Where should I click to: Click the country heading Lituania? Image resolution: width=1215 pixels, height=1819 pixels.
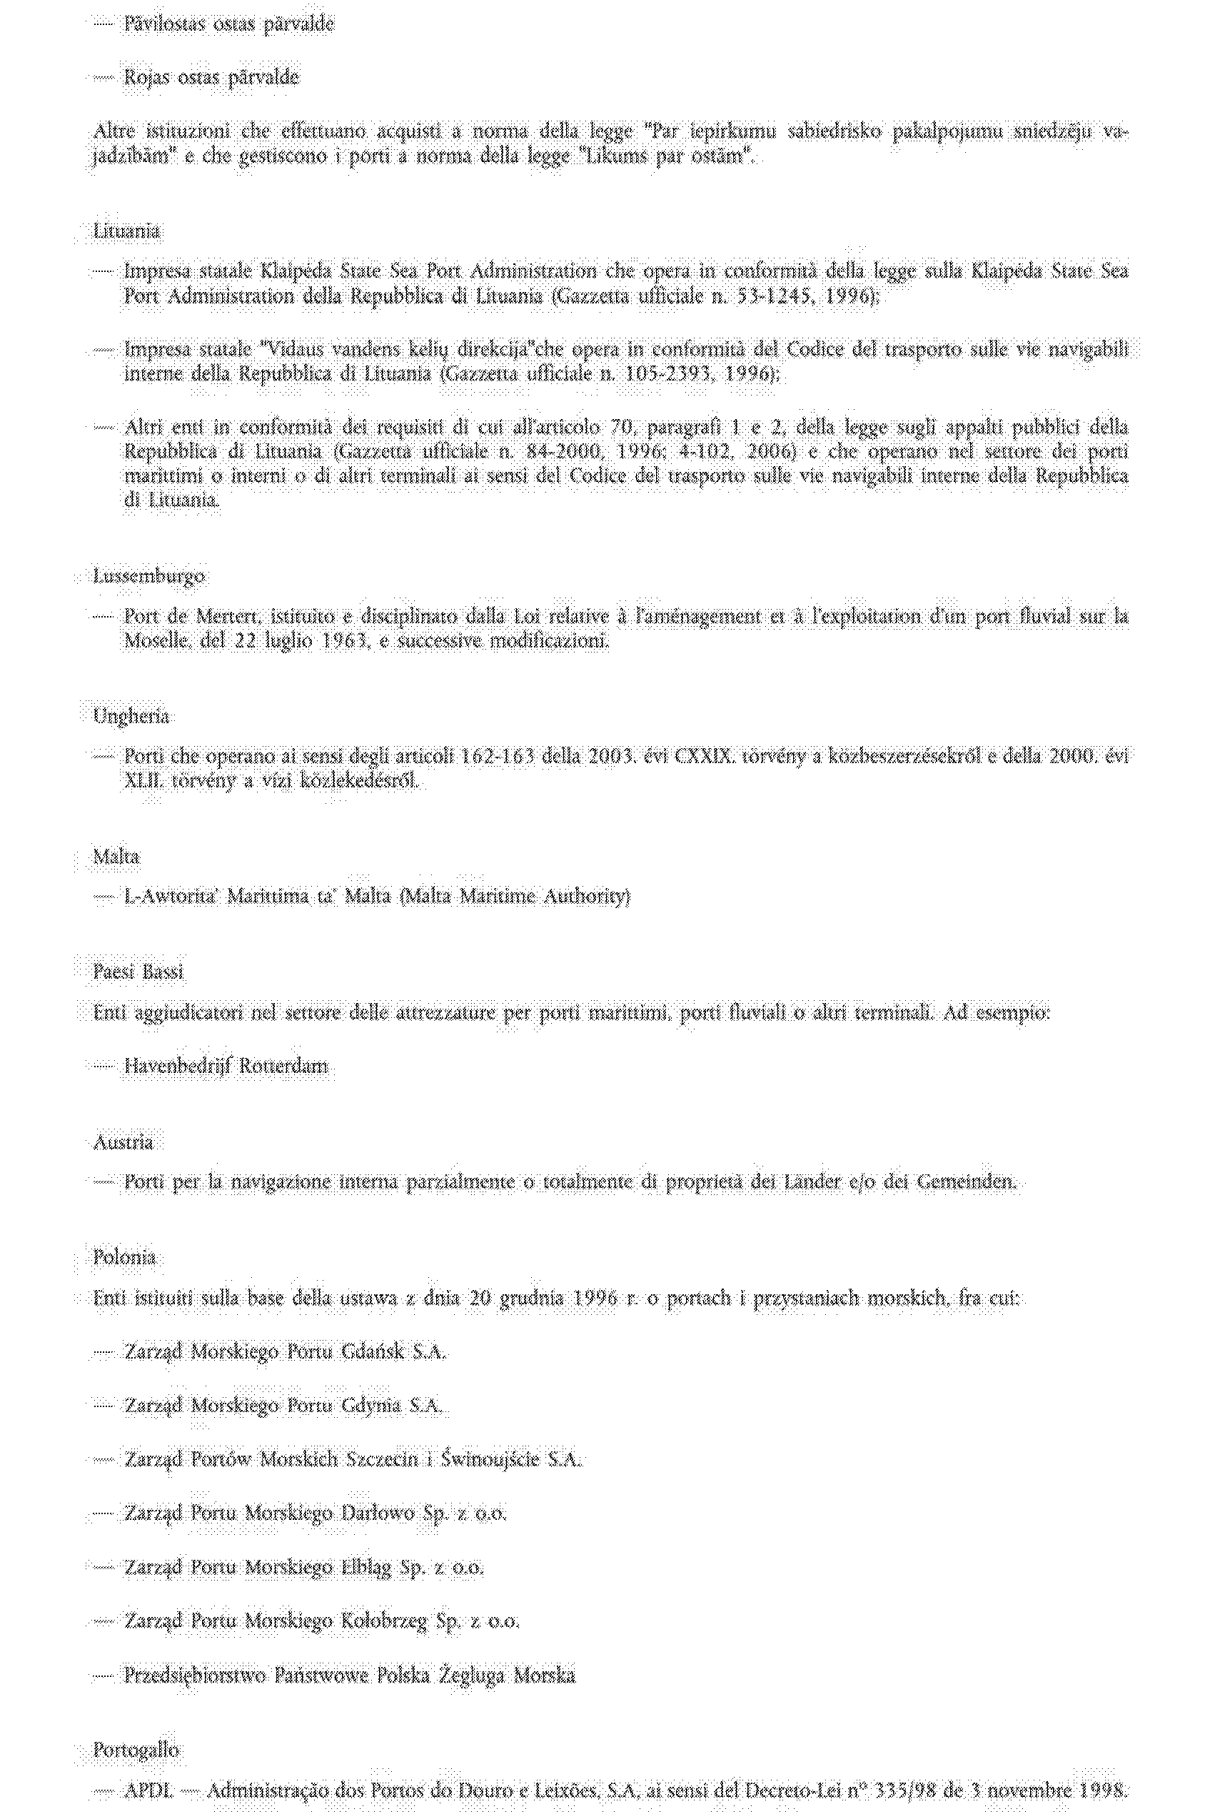click(127, 231)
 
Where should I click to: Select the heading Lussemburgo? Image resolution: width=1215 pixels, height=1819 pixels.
click(148, 576)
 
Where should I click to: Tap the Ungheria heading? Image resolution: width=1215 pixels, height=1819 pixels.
click(131, 716)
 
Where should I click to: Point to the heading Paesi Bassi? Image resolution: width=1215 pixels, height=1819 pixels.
click(138, 972)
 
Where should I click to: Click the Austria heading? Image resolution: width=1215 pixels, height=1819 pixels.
click(123, 1143)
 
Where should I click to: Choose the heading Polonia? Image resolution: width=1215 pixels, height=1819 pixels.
click(125, 1257)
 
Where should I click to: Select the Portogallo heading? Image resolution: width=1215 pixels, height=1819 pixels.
click(136, 1750)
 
